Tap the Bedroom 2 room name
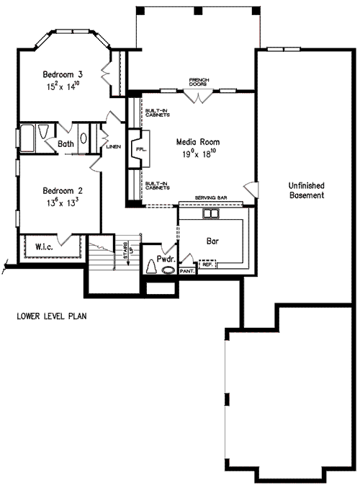pyautogui.click(x=62, y=191)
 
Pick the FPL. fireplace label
pyautogui.click(x=140, y=149)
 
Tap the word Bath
pyautogui.click(x=66, y=143)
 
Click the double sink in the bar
pyautogui.click(x=210, y=214)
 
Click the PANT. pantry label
pyautogui.click(x=187, y=272)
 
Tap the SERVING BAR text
pyautogui.click(x=211, y=197)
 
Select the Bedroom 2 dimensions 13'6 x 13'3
pyautogui.click(x=61, y=202)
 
